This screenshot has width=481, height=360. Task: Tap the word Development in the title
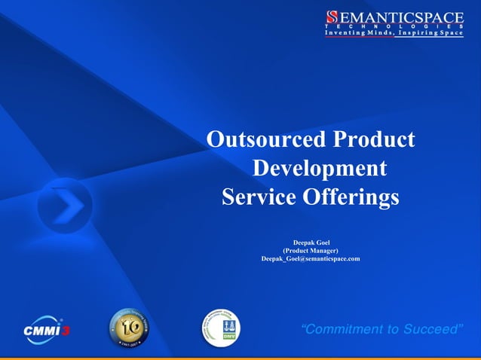coord(320,168)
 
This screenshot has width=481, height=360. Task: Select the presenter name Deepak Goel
coord(311,242)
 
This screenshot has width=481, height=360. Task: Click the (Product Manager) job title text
coord(311,250)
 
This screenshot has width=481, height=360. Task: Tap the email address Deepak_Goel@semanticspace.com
coord(311,258)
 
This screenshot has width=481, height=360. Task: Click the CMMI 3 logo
coord(46,329)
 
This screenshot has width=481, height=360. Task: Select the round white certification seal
coord(221,328)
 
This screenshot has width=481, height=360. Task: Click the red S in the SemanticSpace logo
coord(332,17)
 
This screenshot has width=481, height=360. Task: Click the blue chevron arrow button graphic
coord(65,205)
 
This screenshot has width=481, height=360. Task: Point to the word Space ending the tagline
coord(451,34)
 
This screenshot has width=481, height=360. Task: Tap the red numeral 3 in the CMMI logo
coord(65,331)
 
